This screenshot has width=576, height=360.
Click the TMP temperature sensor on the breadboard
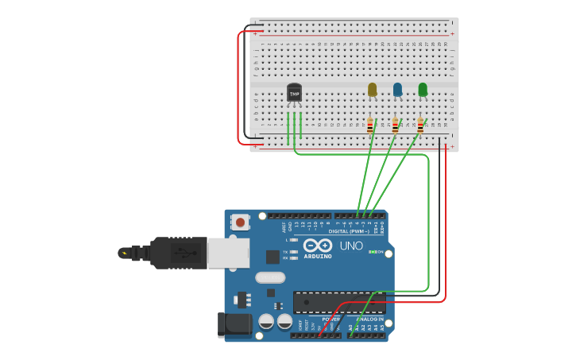point(294,93)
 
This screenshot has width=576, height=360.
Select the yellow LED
point(372,89)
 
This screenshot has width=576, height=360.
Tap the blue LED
point(397,89)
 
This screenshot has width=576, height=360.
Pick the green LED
point(423,89)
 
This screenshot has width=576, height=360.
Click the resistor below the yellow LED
point(370,126)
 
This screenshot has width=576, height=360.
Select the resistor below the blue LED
point(395,126)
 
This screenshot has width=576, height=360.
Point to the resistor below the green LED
point(420,126)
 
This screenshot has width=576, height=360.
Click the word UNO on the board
point(351,246)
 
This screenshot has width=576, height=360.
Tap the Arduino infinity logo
point(318,246)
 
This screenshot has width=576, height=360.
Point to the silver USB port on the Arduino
point(228,253)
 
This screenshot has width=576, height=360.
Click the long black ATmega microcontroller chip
point(338,302)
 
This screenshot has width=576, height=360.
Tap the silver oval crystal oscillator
point(270,277)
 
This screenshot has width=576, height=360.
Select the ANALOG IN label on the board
point(369,319)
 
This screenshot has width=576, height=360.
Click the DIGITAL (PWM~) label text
point(349,231)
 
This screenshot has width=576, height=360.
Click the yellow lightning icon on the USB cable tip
point(123,253)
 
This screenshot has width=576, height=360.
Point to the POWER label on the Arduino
point(332,319)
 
